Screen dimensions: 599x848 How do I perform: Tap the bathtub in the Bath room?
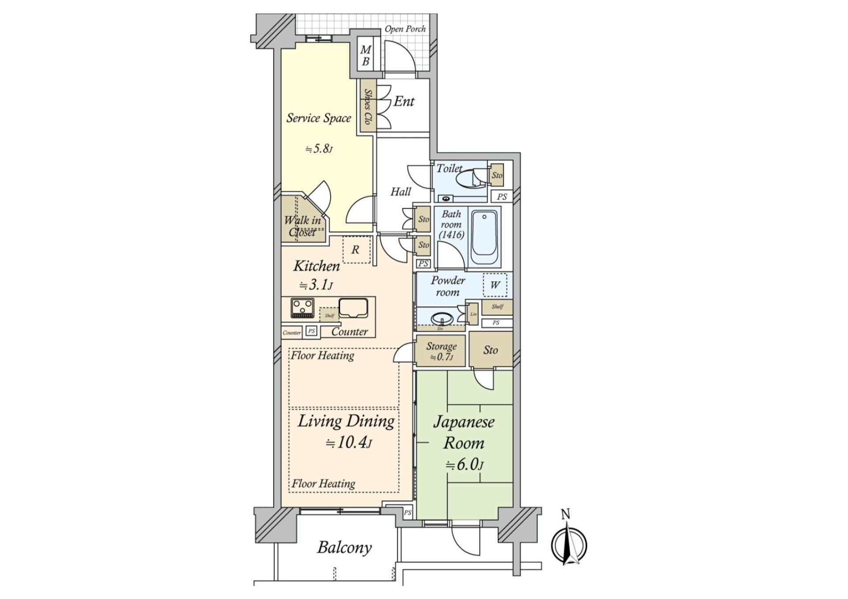[x=484, y=238]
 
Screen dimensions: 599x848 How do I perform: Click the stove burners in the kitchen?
[x=303, y=308]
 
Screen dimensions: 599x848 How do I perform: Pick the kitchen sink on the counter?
[x=353, y=308]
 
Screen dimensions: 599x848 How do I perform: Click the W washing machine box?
[x=495, y=285]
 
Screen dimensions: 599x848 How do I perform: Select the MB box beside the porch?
[x=365, y=56]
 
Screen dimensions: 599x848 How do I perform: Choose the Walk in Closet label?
[x=303, y=226]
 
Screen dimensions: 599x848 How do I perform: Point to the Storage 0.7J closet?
[x=441, y=351]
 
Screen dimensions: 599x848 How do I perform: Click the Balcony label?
[x=344, y=548]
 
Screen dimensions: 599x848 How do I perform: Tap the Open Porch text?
[x=405, y=29]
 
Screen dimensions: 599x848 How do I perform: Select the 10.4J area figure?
[x=348, y=442]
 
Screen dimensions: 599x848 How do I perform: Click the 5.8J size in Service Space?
[x=318, y=149]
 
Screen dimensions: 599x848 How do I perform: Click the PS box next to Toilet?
[x=502, y=197]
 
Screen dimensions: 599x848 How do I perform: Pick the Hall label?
[x=400, y=192]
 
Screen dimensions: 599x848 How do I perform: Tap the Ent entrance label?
[x=404, y=102]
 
